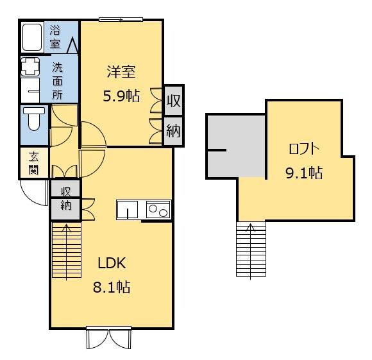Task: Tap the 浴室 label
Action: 56,37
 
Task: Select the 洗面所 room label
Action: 58,80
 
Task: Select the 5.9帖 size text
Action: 121,96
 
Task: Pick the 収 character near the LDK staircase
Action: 65,191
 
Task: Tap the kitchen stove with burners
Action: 158,210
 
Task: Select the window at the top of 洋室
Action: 121,20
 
